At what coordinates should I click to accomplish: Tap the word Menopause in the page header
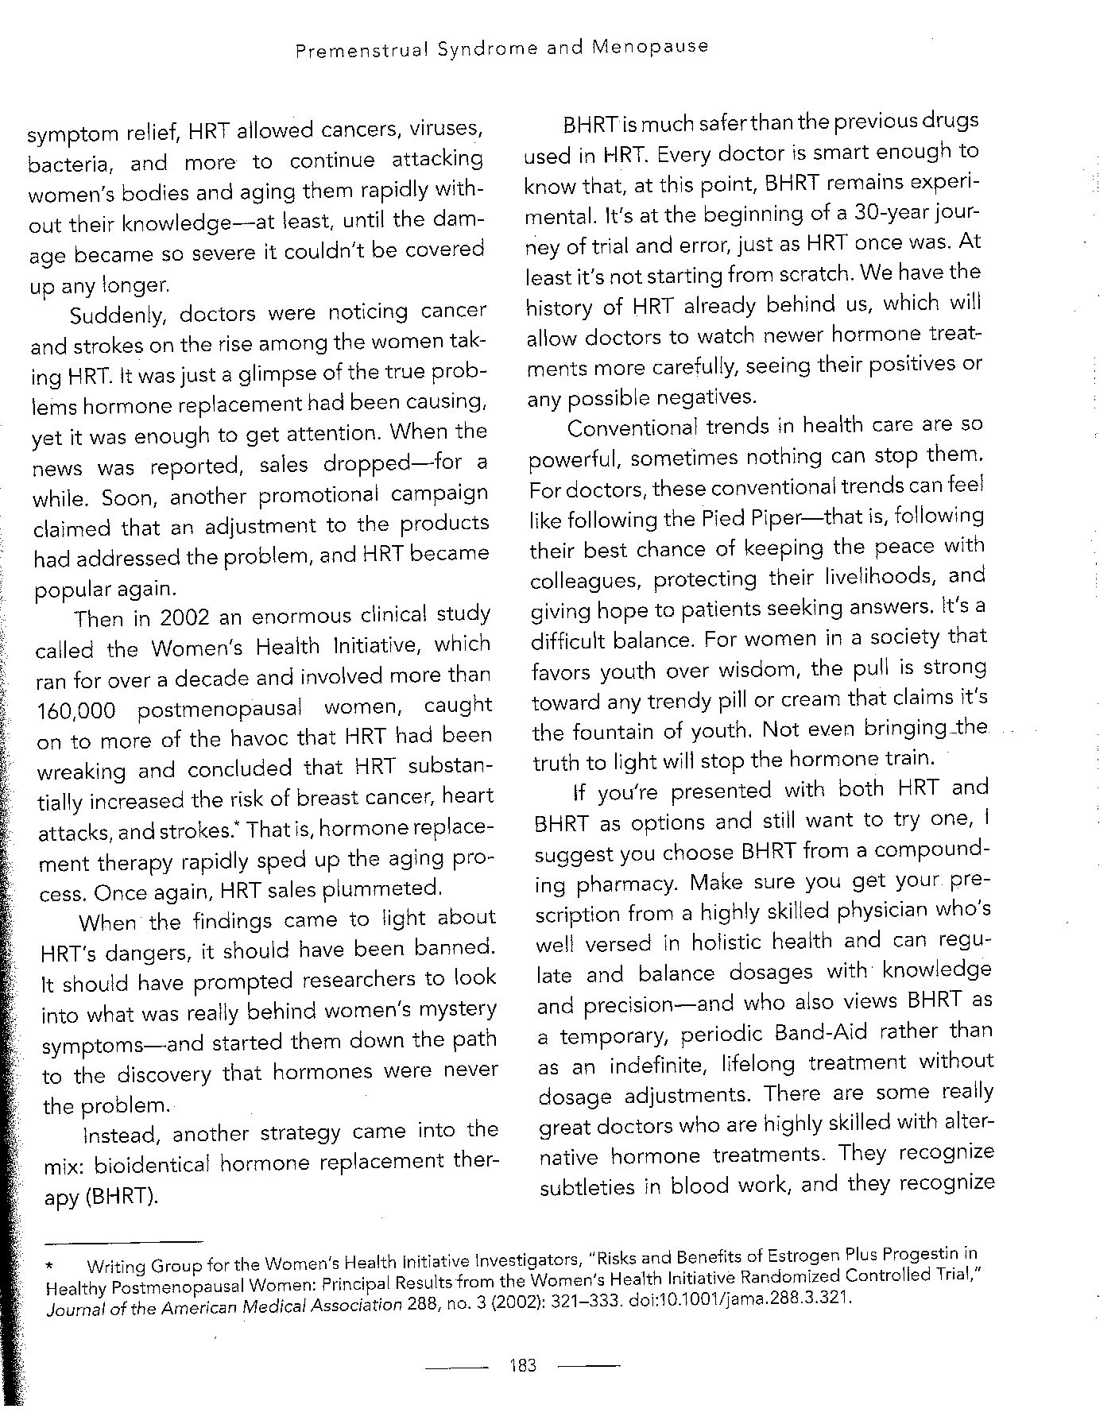(x=650, y=47)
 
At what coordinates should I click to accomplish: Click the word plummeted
(x=392, y=888)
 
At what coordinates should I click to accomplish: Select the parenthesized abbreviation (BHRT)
(x=120, y=1196)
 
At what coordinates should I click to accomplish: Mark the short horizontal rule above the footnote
(x=123, y=1242)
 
